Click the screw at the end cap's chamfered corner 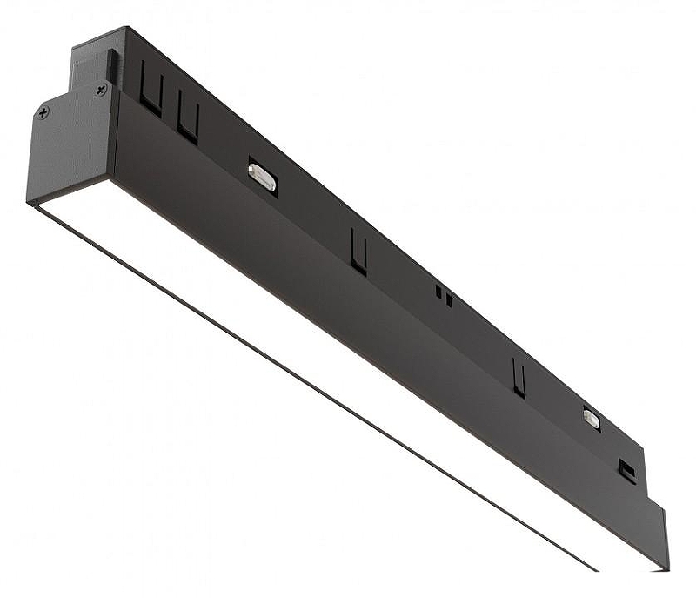click(43, 112)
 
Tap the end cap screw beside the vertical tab click(102, 89)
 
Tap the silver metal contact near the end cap click(262, 177)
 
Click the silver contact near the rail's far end click(592, 419)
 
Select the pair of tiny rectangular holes click(444, 297)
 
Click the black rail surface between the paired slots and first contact click(222, 131)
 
